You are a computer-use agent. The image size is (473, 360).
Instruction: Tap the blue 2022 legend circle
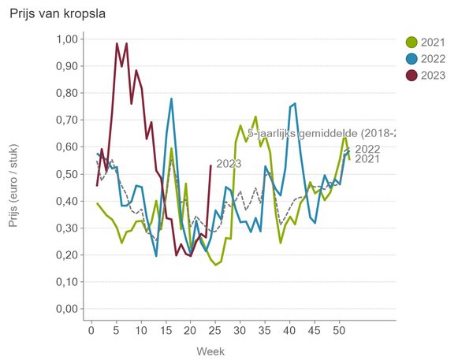tap(412, 59)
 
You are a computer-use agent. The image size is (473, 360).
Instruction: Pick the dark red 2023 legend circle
tap(412, 75)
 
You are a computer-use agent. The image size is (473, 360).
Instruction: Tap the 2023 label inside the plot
tap(229, 164)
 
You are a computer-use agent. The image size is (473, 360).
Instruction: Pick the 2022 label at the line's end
tap(367, 149)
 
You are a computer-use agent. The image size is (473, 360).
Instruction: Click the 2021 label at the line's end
tap(367, 160)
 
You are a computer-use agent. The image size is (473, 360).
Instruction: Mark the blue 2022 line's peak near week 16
tap(171, 99)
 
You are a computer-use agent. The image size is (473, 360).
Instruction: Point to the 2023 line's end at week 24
tap(210, 165)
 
